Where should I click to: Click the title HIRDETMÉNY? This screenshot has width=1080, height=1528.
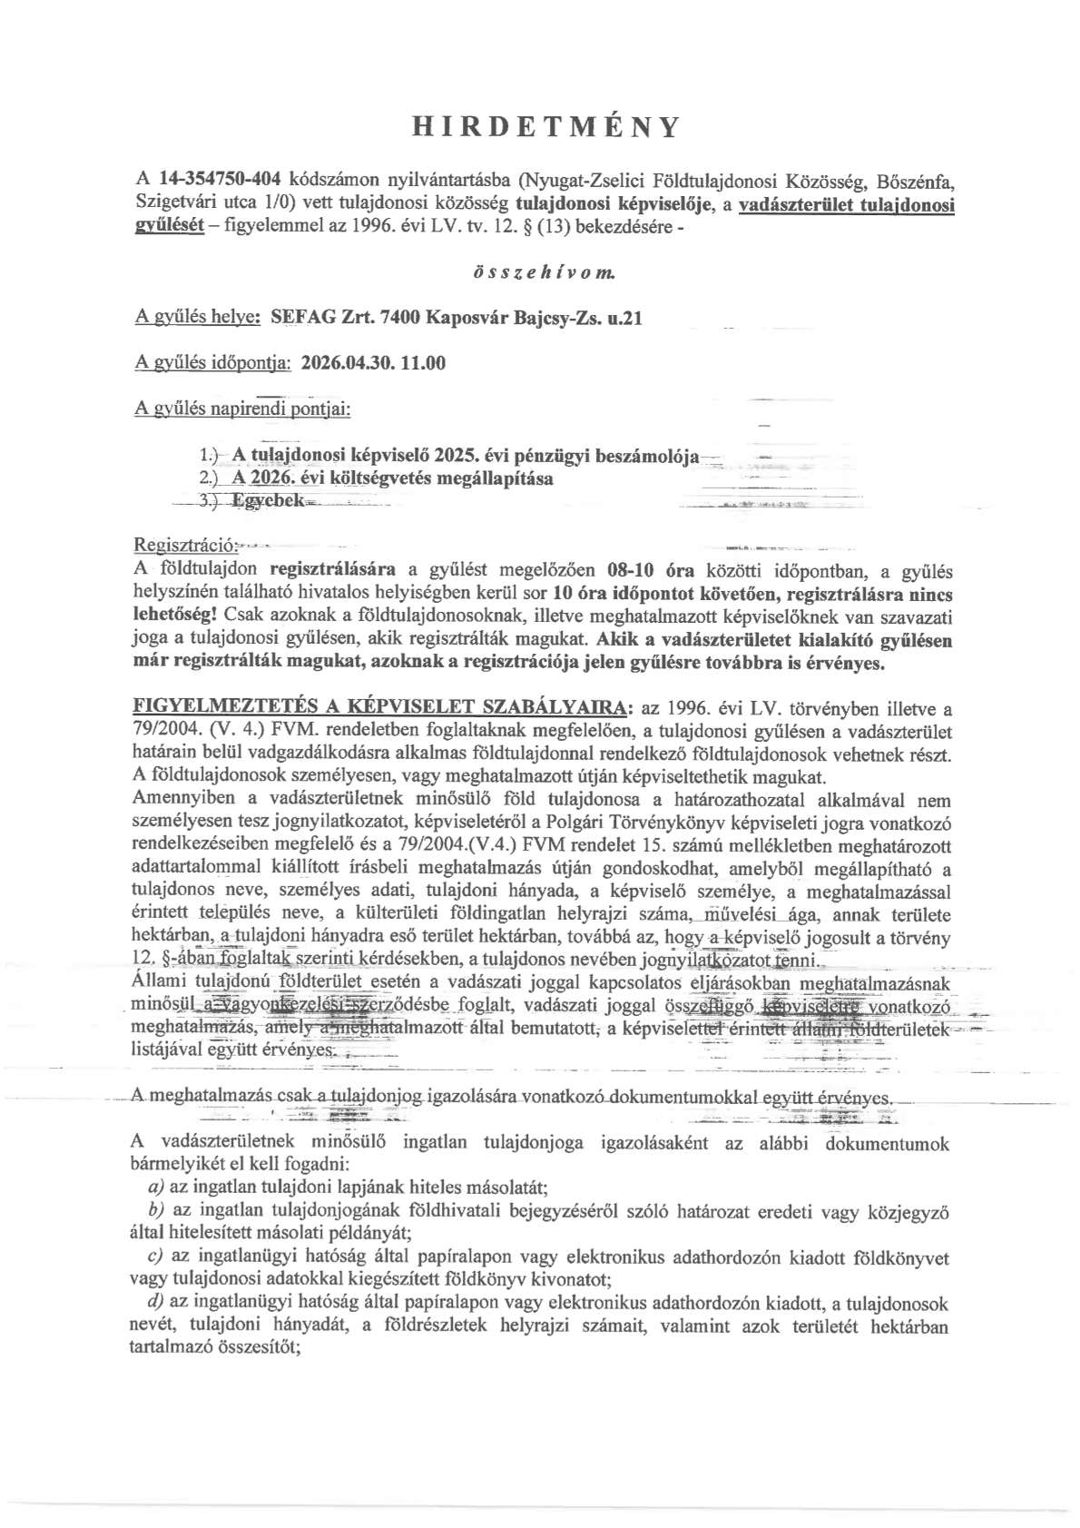pos(545,126)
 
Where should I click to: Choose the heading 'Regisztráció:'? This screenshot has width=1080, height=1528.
pos(185,546)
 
